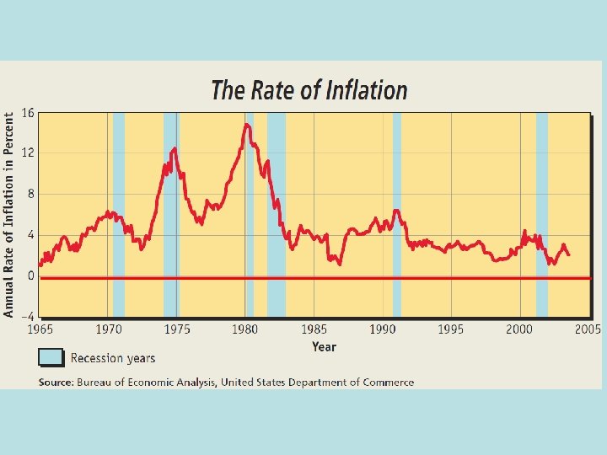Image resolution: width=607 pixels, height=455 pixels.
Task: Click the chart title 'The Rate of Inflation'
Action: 309,90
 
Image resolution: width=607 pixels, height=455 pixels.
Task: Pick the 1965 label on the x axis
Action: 40,329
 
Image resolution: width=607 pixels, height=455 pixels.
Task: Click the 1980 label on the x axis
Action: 245,329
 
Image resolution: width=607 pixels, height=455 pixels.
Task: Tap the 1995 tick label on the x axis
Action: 451,329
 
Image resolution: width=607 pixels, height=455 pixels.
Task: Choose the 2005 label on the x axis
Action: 588,329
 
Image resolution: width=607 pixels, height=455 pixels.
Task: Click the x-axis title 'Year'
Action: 324,346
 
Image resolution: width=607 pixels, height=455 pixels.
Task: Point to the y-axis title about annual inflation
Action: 9,215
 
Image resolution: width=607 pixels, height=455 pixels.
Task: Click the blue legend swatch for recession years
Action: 51,357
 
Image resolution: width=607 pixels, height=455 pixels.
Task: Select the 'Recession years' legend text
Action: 113,358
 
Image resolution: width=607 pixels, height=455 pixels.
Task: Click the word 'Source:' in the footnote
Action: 56,382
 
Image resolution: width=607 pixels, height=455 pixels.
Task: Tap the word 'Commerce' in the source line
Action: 389,382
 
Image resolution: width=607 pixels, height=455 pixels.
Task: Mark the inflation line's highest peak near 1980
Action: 246,125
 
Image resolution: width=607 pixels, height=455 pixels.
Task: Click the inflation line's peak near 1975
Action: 175,148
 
